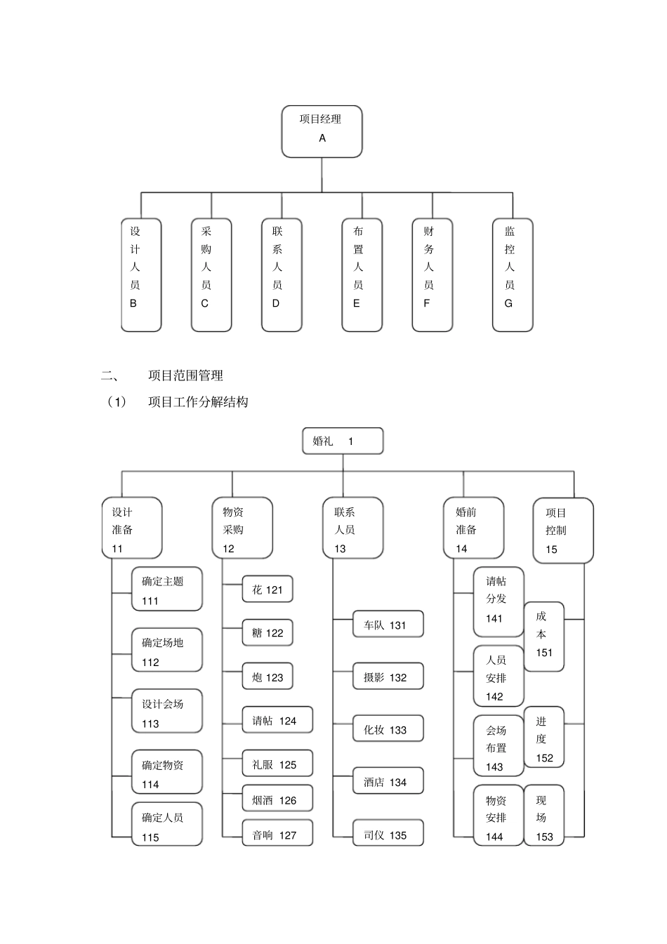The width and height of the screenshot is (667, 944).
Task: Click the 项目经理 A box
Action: tap(322, 131)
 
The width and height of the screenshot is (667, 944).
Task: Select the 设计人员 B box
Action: tap(141, 274)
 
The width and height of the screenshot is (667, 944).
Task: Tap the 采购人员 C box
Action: tap(211, 274)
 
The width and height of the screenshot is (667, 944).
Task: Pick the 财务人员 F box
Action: tap(432, 274)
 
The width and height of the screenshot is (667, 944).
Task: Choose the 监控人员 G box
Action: tap(513, 274)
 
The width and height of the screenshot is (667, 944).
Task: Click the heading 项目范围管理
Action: tap(185, 375)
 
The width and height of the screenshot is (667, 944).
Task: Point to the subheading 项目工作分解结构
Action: tap(198, 402)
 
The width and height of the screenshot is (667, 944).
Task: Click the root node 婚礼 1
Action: tap(343, 441)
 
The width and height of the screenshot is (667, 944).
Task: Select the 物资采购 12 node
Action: tap(242, 528)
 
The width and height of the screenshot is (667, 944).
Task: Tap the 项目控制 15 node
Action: tap(563, 531)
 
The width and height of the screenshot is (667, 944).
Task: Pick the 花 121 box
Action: tap(268, 590)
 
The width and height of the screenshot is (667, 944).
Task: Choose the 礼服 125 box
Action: tap(277, 764)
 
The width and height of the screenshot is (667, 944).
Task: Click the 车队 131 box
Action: tap(388, 625)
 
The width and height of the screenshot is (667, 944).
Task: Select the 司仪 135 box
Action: tap(388, 835)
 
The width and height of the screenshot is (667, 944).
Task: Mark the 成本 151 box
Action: tap(544, 636)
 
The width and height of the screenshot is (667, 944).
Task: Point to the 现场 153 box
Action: tap(544, 816)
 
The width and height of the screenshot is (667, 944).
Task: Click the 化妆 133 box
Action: tap(388, 730)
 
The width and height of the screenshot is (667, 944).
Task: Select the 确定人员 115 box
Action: tap(167, 825)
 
